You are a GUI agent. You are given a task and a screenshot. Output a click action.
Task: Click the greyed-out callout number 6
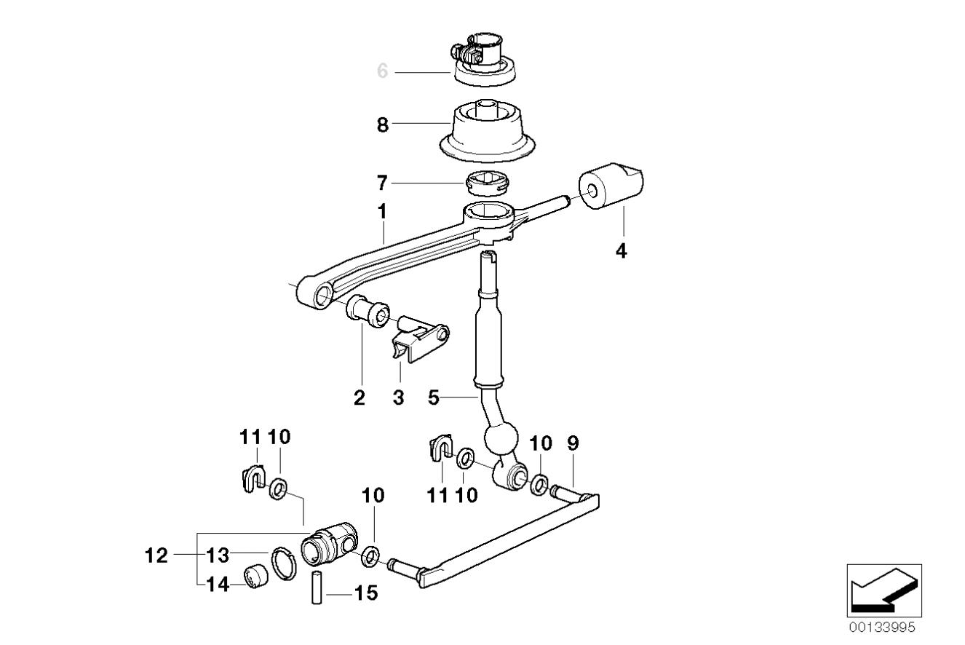(383, 71)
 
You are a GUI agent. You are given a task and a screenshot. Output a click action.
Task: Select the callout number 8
(383, 125)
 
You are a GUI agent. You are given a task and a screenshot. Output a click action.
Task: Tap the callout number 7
(382, 183)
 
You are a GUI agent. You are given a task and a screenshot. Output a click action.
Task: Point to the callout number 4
(621, 250)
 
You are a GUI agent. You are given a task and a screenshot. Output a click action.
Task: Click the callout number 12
(156, 555)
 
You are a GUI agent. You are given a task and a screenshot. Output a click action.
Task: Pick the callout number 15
(366, 593)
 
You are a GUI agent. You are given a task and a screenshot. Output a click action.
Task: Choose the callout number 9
(573, 443)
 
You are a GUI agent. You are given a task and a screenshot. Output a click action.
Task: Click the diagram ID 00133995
(882, 627)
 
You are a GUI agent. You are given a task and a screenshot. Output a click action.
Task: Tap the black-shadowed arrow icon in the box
(884, 590)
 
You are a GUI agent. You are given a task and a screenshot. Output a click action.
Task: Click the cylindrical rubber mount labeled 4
(611, 186)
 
